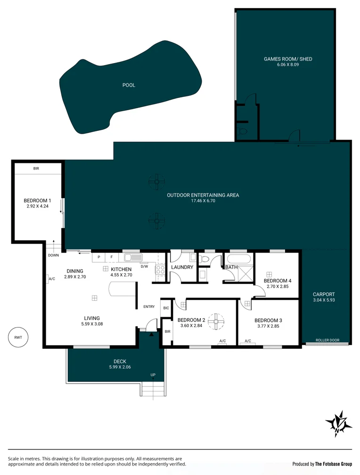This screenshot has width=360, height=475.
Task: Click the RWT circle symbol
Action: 18,337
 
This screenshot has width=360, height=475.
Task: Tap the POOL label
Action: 129,85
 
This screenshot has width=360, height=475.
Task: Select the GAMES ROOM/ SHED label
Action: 287,59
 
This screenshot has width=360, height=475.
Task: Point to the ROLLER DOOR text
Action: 327,340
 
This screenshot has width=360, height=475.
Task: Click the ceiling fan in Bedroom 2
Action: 216,322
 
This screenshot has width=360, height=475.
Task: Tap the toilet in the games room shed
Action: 243,132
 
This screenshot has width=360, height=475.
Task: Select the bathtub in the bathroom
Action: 240,259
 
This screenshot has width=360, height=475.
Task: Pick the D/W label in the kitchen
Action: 144,266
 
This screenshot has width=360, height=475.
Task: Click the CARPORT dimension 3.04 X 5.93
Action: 324,300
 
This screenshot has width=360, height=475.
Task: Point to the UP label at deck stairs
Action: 153,375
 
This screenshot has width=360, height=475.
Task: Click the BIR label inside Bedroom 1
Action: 36,169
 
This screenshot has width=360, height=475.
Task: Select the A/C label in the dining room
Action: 52,279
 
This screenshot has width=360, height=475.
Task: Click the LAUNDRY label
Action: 182,267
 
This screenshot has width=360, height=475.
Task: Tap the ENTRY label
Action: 149,307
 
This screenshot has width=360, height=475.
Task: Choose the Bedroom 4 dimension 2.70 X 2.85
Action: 277,286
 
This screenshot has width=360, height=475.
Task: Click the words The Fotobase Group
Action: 333,464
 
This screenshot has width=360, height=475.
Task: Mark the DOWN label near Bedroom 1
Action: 53,256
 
